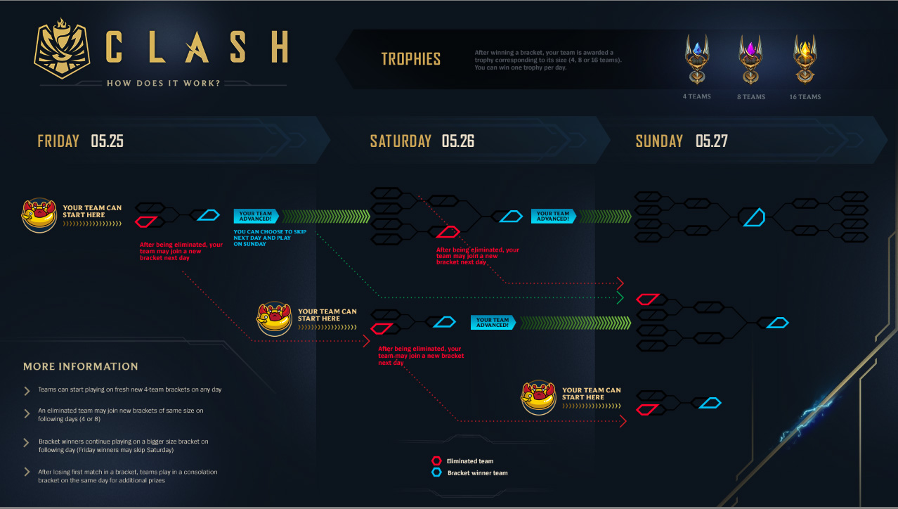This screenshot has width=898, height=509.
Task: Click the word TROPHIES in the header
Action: (x=411, y=59)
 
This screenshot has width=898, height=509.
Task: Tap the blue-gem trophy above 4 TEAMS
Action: (x=696, y=59)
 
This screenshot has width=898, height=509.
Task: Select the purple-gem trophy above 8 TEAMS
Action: (x=750, y=59)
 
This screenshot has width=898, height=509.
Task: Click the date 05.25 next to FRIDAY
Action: (x=107, y=141)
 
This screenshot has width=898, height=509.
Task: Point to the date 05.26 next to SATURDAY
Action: (x=458, y=141)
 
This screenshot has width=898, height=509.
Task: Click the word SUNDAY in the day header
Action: (x=659, y=141)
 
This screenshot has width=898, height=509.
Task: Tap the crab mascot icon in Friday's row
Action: (x=39, y=214)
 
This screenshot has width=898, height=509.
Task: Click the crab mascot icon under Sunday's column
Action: (x=539, y=398)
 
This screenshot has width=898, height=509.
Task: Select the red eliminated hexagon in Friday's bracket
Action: (x=145, y=222)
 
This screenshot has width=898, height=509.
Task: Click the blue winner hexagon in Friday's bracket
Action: (x=208, y=214)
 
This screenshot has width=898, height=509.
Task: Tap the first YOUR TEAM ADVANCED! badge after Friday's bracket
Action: (x=256, y=216)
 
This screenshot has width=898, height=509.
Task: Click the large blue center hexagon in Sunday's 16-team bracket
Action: (x=753, y=217)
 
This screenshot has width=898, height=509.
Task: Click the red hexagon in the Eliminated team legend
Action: (x=436, y=461)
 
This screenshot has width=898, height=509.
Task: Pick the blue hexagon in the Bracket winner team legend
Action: (x=436, y=473)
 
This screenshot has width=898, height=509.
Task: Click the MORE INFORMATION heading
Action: (x=81, y=366)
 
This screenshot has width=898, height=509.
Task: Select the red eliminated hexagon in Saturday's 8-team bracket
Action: (x=448, y=232)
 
